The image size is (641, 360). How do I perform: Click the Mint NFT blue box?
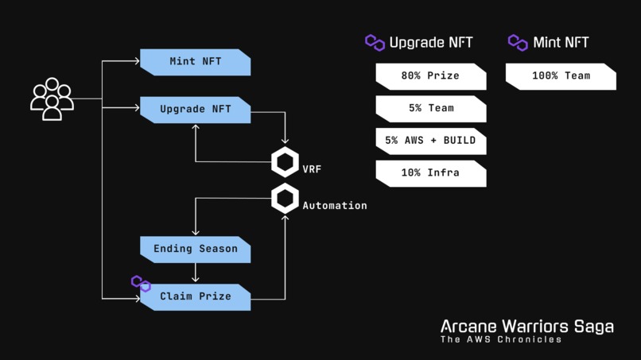click(x=196, y=62)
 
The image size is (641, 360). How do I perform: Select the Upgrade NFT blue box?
click(x=196, y=110)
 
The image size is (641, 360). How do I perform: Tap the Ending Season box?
click(x=196, y=250)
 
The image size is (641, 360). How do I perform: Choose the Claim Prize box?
click(x=196, y=297)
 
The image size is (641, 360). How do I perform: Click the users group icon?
click(x=52, y=99)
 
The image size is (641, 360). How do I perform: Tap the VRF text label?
click(x=312, y=169)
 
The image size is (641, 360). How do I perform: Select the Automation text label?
click(x=335, y=206)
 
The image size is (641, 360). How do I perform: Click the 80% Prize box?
click(x=431, y=76)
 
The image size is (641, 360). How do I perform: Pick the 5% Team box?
click(x=431, y=109)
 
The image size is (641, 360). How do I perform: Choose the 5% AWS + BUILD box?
click(x=431, y=141)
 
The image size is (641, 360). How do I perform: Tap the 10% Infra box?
click(x=431, y=174)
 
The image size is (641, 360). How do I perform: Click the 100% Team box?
click(x=561, y=76)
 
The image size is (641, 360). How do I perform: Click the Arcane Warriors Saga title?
click(x=527, y=327)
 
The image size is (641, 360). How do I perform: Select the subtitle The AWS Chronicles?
click(x=501, y=339)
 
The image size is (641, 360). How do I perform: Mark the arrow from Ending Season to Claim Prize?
click(x=196, y=273)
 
